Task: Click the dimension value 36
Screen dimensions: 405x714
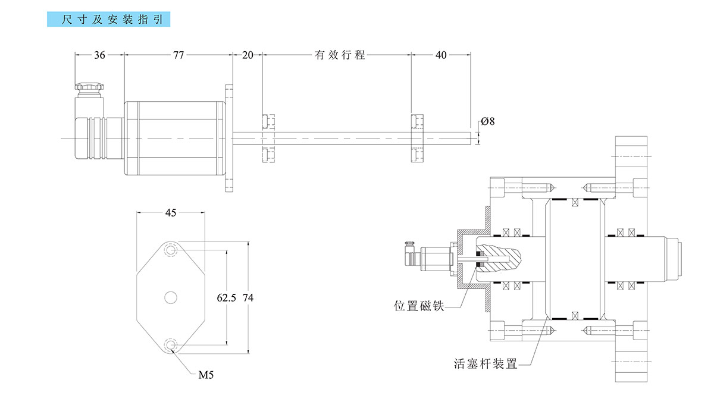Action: click(x=99, y=55)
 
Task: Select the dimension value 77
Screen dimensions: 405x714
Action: click(x=178, y=55)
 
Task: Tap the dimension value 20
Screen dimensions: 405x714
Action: click(x=247, y=55)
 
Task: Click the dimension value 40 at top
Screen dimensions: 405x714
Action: click(x=441, y=55)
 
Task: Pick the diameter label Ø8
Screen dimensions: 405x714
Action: click(x=487, y=121)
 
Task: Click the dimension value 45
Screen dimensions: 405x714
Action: click(x=170, y=214)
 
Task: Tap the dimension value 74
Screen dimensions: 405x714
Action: click(x=249, y=298)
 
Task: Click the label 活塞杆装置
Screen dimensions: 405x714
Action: click(x=485, y=363)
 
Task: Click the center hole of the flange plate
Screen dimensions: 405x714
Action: click(x=171, y=297)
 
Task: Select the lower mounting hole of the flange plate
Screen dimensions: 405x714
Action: click(x=171, y=344)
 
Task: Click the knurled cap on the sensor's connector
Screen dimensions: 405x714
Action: click(x=90, y=87)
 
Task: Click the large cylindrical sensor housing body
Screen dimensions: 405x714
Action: click(x=174, y=139)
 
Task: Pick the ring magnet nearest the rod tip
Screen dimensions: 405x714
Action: click(x=417, y=137)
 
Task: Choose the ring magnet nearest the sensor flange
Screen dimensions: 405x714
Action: click(x=268, y=137)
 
